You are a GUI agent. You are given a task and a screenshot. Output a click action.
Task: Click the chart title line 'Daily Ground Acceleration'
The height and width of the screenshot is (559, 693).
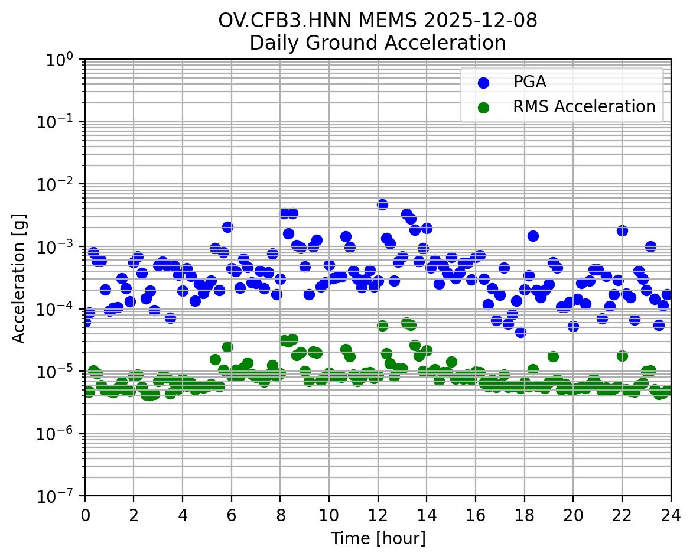(378, 43)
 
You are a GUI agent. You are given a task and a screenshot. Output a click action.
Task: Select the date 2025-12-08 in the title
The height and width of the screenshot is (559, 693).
(479, 20)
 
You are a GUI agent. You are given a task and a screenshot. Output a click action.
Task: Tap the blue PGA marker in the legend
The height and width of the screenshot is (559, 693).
(484, 83)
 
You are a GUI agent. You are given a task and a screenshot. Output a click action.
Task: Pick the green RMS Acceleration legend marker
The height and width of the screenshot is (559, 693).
(484, 107)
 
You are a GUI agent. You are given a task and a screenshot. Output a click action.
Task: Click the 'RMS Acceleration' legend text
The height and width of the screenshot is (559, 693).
(584, 107)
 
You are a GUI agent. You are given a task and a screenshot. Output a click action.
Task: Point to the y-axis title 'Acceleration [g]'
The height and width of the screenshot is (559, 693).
(19, 277)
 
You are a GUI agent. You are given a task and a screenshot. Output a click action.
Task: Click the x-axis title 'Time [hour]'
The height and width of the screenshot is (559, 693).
(378, 539)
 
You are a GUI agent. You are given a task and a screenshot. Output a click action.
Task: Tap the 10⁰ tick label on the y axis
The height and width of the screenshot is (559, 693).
(61, 60)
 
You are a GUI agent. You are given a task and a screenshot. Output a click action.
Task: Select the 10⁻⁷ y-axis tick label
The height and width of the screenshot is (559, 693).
(61, 496)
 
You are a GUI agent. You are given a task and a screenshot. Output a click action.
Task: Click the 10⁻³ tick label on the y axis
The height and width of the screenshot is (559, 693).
(61, 247)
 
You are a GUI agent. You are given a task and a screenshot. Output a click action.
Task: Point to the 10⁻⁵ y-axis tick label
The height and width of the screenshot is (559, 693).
(61, 372)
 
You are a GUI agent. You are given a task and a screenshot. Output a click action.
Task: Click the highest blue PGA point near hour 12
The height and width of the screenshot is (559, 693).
(382, 204)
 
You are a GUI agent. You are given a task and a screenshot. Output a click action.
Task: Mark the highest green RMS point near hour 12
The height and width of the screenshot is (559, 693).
(382, 326)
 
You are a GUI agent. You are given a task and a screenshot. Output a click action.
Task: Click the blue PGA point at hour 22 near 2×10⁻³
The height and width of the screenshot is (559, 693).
(622, 230)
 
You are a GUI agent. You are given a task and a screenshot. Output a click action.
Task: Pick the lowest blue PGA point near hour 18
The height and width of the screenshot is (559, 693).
(520, 332)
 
